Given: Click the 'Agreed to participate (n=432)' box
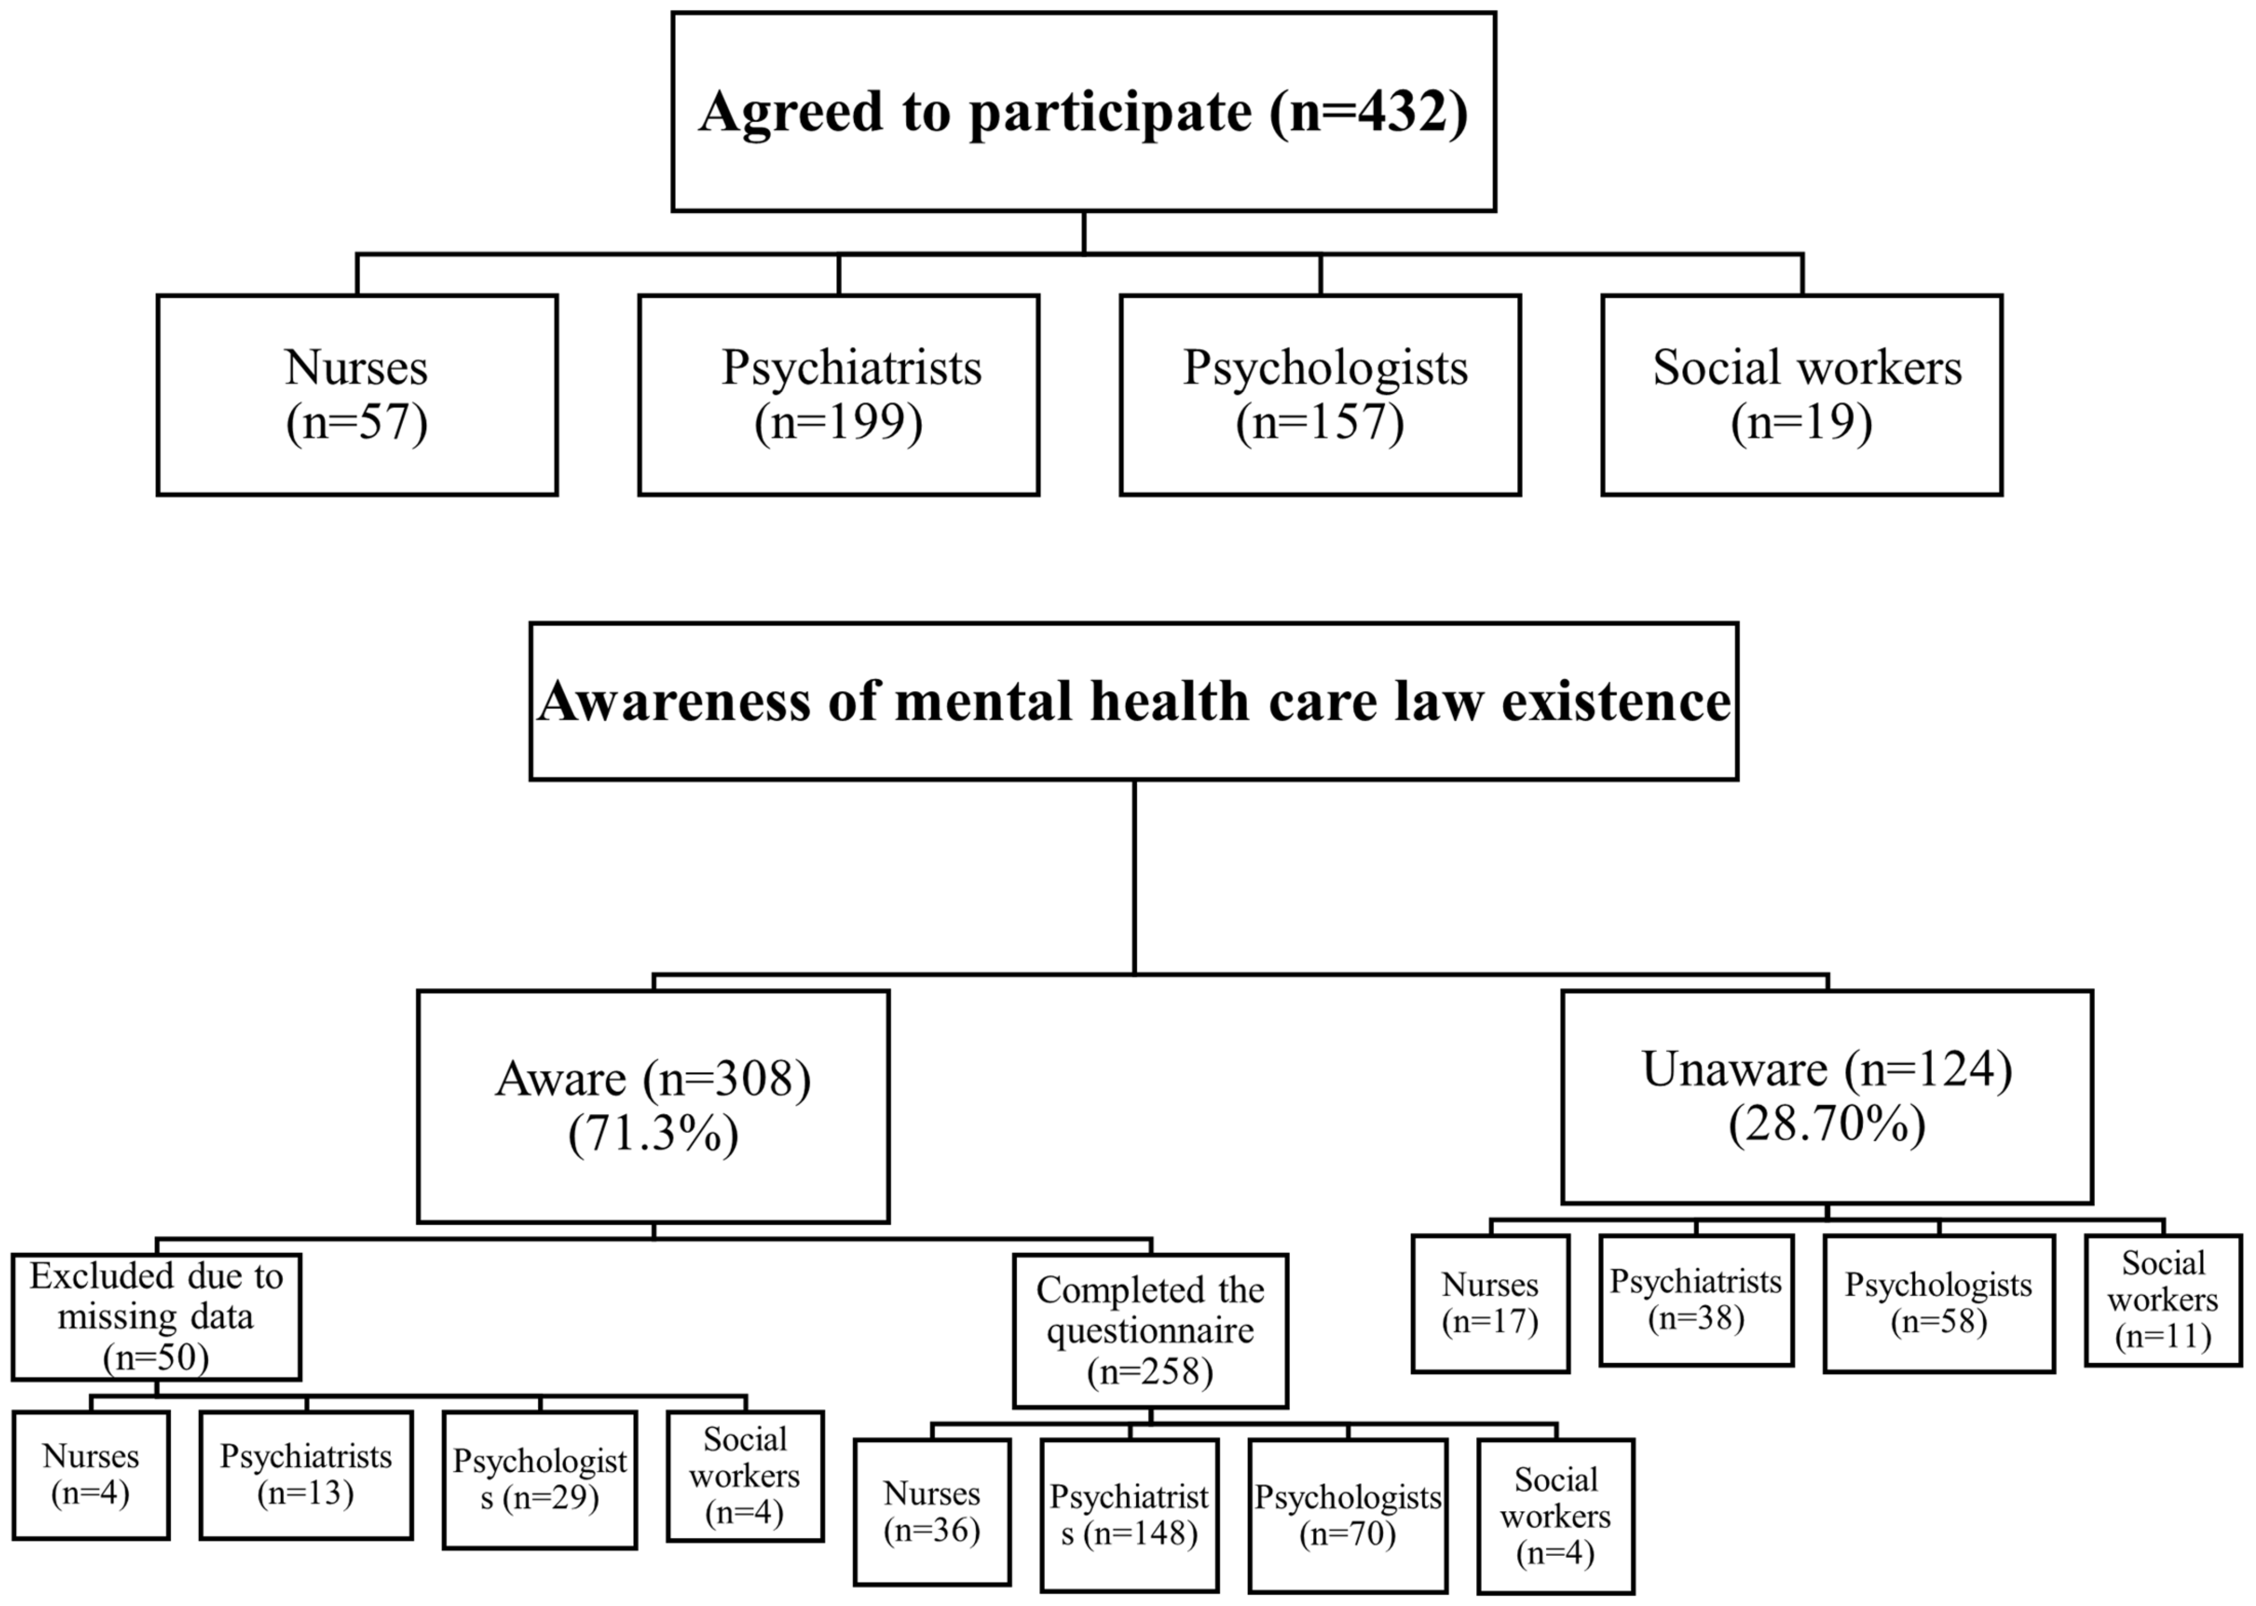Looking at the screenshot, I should [x=1083, y=112].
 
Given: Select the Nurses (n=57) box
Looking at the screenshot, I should [x=357, y=394].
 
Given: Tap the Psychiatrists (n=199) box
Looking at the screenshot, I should [x=838, y=394].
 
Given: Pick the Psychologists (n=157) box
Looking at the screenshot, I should [x=1320, y=394].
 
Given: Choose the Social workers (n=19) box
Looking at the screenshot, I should [x=1801, y=394].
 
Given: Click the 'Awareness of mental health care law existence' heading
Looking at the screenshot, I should [x=1133, y=701].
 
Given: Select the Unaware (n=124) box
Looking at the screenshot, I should [x=1826, y=1096].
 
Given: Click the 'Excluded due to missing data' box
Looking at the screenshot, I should [x=156, y=1316].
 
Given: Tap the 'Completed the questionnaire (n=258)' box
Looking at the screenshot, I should [x=1150, y=1330].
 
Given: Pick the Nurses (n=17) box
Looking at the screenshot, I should [x=1490, y=1303].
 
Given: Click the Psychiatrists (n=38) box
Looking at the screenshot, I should [x=1695, y=1299].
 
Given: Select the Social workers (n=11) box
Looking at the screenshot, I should [x=2163, y=1299].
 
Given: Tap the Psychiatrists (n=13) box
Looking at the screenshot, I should [x=305, y=1475].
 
